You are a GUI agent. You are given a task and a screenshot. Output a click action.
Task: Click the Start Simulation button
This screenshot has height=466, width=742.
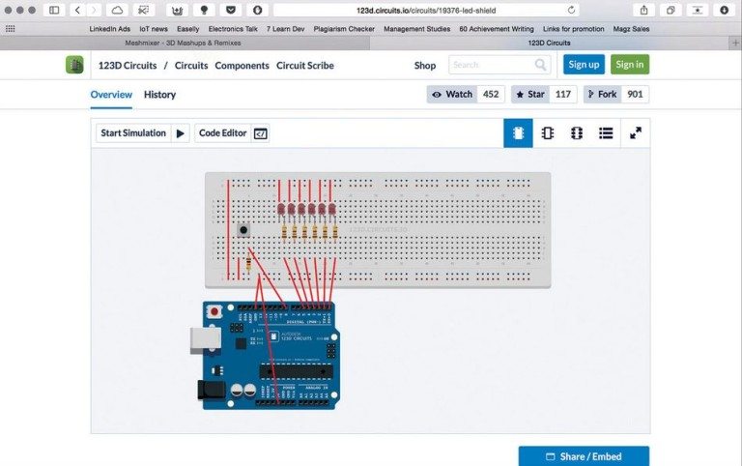click(x=141, y=133)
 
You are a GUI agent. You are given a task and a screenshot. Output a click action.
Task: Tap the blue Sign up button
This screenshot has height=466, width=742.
click(x=584, y=65)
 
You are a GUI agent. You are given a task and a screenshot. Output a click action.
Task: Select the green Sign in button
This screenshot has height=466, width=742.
click(x=629, y=65)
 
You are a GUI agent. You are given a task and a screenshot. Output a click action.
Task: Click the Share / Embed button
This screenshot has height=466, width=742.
click(x=584, y=456)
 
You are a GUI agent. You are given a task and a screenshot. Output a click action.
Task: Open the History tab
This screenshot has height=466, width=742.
click(x=159, y=95)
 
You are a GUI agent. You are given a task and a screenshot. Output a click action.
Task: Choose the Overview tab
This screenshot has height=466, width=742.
click(x=111, y=95)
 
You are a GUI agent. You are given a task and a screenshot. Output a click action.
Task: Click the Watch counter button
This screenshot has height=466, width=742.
click(x=465, y=95)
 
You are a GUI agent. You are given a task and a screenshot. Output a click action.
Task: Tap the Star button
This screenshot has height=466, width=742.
click(x=542, y=95)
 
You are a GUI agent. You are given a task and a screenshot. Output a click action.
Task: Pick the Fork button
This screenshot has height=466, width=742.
click(x=614, y=95)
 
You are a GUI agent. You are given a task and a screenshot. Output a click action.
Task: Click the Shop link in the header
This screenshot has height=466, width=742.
click(x=425, y=66)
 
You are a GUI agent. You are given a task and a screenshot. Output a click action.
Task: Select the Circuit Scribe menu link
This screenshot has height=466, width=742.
click(x=305, y=66)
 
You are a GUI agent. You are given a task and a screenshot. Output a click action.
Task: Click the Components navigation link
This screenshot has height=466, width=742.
click(x=242, y=66)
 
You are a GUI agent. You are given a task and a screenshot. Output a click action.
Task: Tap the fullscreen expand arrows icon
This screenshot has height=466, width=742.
click(x=636, y=133)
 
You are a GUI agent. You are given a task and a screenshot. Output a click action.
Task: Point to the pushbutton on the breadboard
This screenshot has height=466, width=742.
click(x=243, y=231)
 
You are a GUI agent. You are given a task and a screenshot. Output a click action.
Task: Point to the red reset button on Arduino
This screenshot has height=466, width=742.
click(x=214, y=311)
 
